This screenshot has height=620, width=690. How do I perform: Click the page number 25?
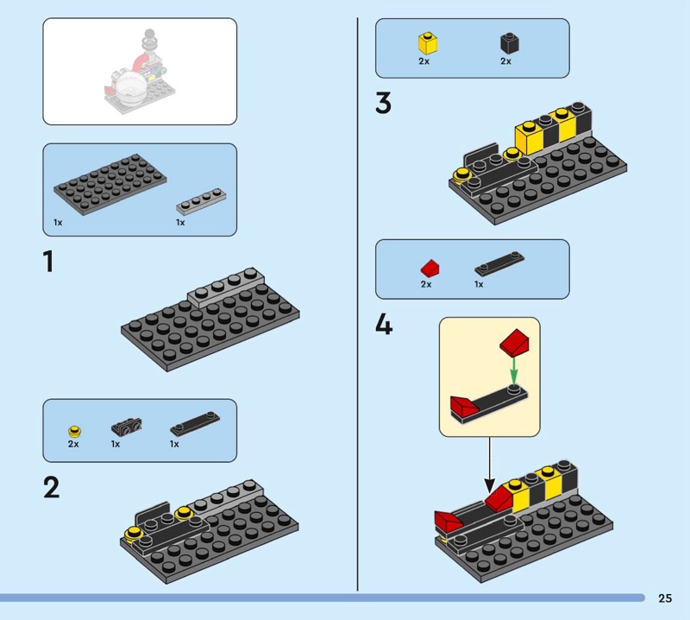tap(665, 598)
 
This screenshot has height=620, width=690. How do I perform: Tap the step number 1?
tap(48, 262)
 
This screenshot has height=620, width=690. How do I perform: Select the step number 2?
tap(51, 488)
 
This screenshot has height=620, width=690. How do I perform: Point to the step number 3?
tap(383, 103)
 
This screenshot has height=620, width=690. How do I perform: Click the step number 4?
tap(384, 326)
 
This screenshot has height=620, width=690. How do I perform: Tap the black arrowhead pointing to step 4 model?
tap(489, 485)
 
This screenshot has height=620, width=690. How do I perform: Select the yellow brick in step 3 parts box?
tap(428, 42)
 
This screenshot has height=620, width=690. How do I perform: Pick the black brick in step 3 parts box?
tap(510, 43)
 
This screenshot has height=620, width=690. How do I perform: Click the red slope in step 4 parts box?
tap(430, 268)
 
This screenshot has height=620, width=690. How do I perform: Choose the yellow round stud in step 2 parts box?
tap(75, 431)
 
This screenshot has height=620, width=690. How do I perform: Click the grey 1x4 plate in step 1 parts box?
tap(201, 201)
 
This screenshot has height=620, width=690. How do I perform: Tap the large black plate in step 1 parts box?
tap(110, 184)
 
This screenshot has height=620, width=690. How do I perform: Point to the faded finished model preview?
tap(140, 72)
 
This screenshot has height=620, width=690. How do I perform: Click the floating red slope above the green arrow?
tap(514, 341)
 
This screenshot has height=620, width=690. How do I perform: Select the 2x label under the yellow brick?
tap(423, 61)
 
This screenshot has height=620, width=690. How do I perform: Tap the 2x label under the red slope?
tap(426, 284)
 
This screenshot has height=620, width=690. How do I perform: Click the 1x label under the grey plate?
tap(180, 223)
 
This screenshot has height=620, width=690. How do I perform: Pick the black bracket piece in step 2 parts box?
tap(127, 427)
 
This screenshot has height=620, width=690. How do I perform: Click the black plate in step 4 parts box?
tap(499, 263)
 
